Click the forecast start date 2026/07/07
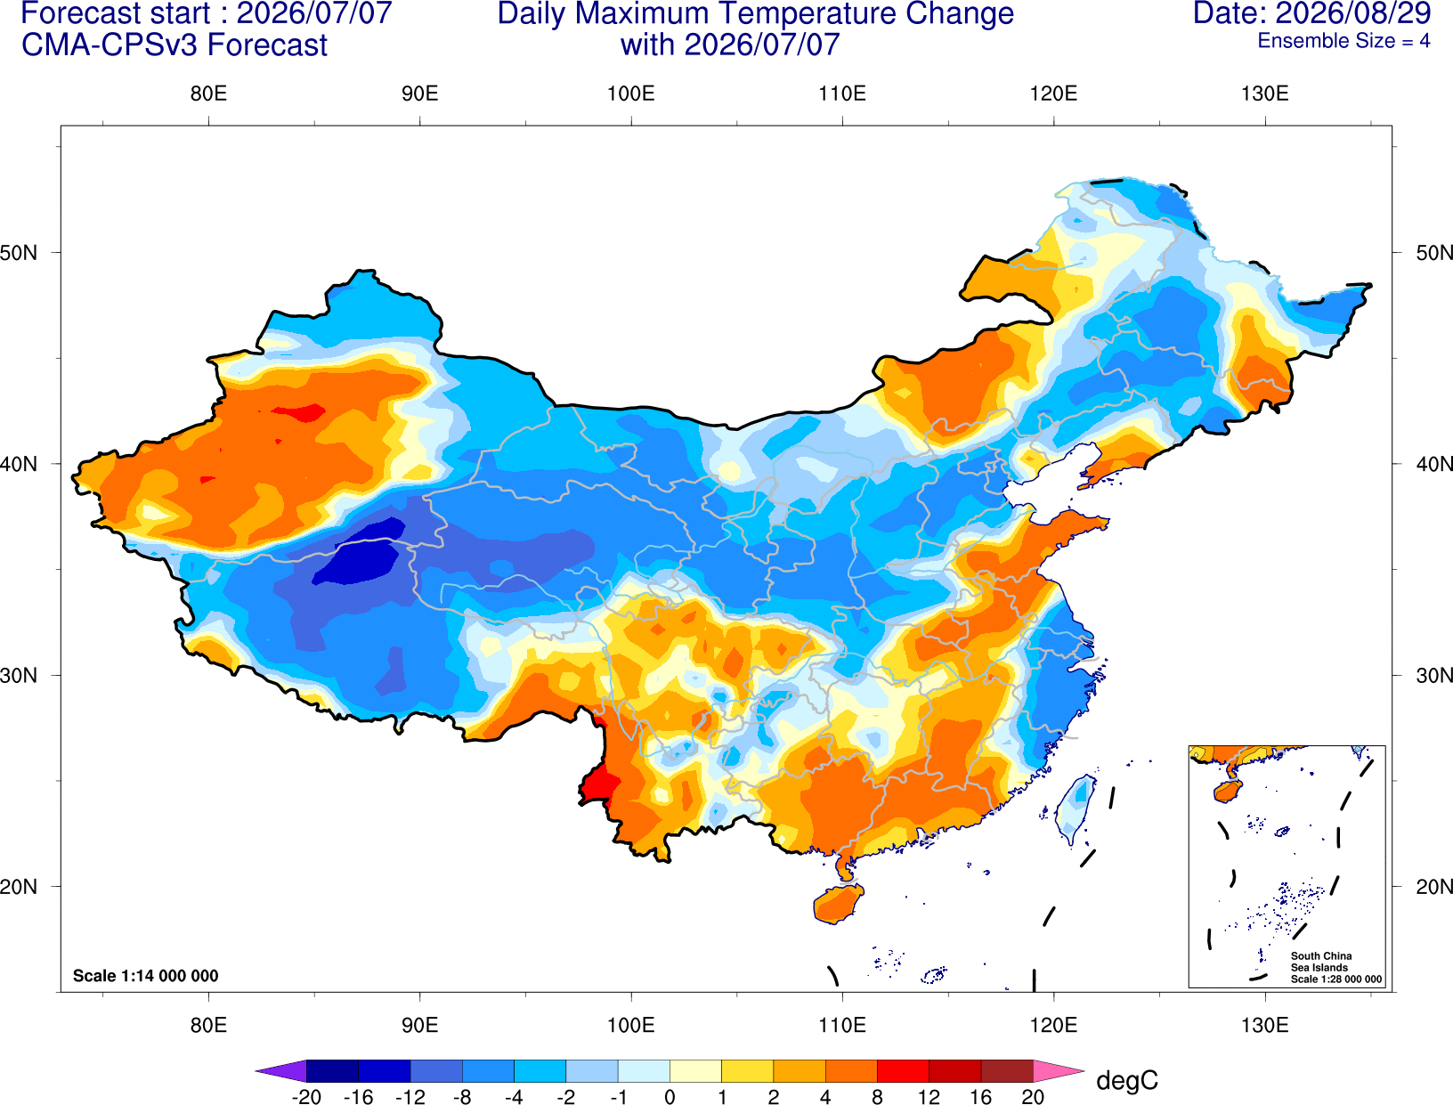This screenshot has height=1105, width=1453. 313,13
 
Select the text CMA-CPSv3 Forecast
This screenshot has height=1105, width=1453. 175,45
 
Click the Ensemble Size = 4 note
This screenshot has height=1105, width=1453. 1343,41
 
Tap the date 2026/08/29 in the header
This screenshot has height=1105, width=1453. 1353,13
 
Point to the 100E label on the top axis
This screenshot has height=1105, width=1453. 631,93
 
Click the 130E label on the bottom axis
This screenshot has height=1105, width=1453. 1264,1026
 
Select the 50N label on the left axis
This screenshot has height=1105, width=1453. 19,252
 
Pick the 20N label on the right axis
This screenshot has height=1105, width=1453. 1433,887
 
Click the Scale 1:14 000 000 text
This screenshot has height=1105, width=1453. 146,976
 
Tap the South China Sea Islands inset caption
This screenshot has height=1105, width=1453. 1335,967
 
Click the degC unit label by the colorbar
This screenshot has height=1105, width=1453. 1126,1080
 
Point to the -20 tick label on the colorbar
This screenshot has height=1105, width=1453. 306,1097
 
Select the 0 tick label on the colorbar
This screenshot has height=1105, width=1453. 670,1097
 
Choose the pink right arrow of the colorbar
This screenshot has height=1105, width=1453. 1057,1070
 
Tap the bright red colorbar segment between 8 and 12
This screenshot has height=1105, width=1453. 903,1070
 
